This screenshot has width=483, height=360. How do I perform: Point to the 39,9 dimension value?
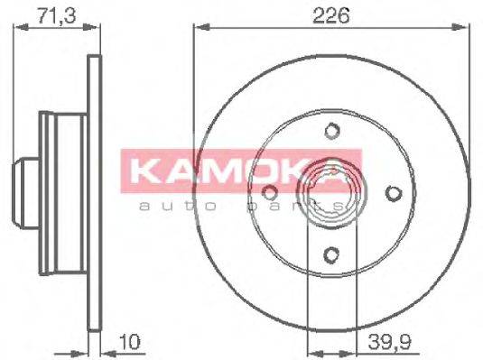coord(388,342)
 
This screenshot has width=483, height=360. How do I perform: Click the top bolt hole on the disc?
coord(330,131)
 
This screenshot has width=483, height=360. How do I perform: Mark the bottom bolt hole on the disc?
coord(330,254)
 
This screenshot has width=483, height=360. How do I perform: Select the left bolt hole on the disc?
coord(269,192)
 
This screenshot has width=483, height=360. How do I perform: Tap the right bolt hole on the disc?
coord(392,192)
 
